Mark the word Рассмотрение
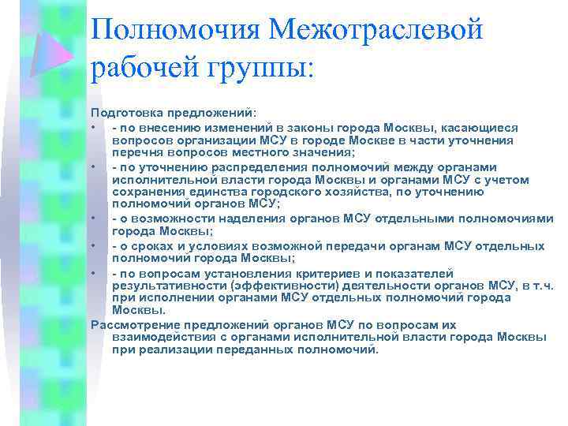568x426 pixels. pyautogui.click(x=133, y=324)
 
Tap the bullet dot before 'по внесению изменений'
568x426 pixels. pyautogui.click(x=93, y=127)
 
